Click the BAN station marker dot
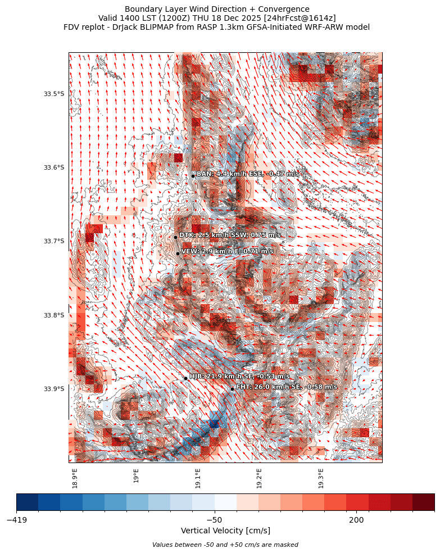point(193,176)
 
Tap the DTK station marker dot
point(175,237)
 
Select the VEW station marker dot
point(178,253)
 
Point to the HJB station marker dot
point(185,378)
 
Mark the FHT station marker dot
point(232,389)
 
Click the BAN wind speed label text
point(248,174)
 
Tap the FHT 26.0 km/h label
point(287,387)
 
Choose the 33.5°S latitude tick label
point(54,94)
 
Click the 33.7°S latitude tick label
point(54,242)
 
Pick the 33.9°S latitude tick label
point(54,389)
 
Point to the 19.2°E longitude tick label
point(260,478)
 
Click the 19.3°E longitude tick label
point(321,478)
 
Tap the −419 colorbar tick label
point(17,520)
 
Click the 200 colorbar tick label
point(356,520)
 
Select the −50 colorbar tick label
point(215,520)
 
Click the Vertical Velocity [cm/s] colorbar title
point(225,531)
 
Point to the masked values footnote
point(225,545)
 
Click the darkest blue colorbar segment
point(28,502)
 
